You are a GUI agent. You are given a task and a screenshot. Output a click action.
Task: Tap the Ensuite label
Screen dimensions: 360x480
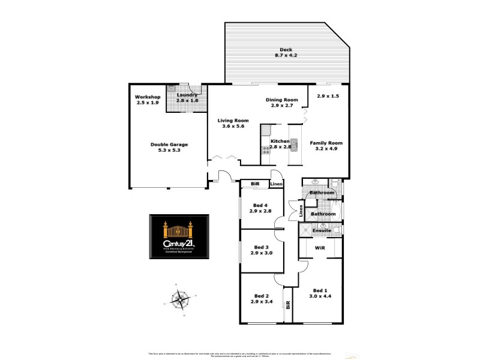point(322,230)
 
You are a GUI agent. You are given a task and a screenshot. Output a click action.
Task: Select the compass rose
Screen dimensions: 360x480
point(180,298)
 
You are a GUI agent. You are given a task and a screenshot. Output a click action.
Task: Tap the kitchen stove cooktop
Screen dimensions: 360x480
point(265,151)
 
